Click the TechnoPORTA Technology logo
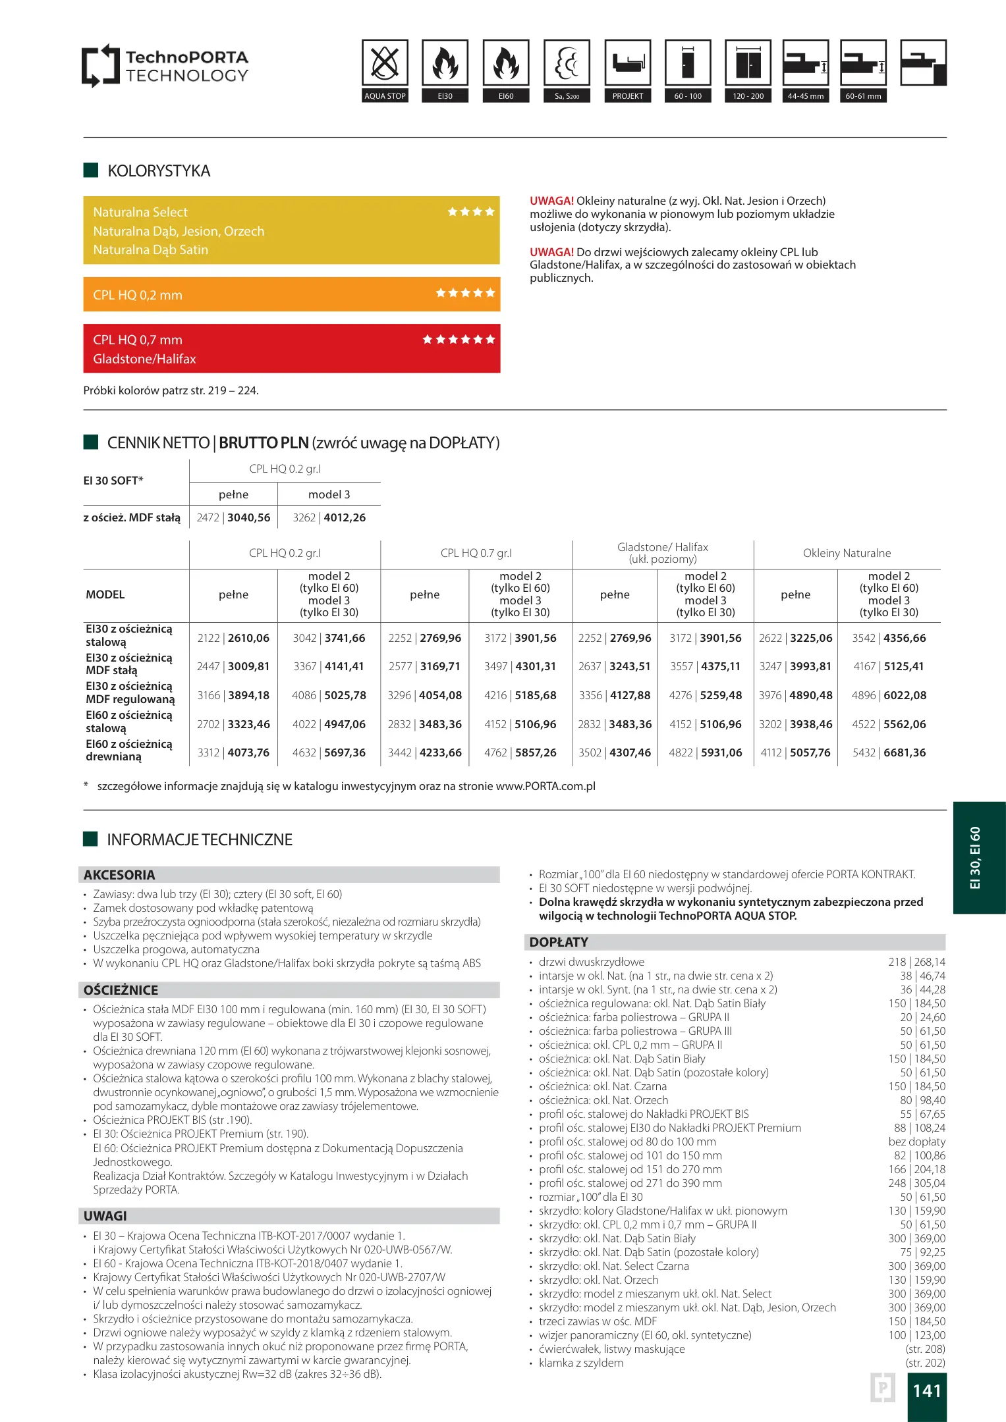(x=165, y=66)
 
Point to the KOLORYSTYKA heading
(x=159, y=171)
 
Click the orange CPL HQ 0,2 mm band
(x=291, y=294)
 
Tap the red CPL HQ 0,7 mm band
(x=291, y=348)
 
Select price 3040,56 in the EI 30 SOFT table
(x=249, y=517)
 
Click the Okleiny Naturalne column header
(x=847, y=553)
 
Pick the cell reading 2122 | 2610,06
(x=233, y=638)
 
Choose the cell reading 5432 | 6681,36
(x=889, y=752)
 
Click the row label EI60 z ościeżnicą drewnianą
(x=129, y=750)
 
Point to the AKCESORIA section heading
(x=119, y=875)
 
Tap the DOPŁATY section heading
(x=559, y=942)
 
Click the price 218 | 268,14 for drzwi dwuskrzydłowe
(x=916, y=962)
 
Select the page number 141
(x=927, y=1390)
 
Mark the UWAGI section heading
(x=105, y=1216)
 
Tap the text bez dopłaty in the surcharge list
(x=916, y=1142)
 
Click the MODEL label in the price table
(x=105, y=594)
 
